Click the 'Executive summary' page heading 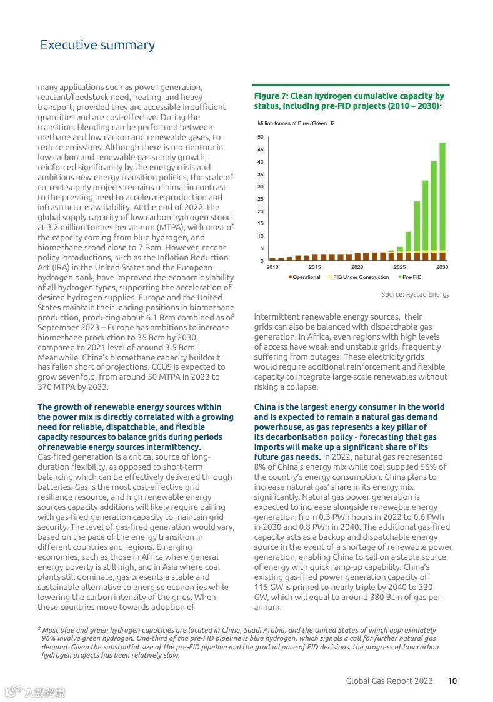(97, 45)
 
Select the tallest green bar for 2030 (442, 197)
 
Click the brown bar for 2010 (272, 258)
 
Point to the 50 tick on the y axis (260, 137)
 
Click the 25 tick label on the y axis (260, 199)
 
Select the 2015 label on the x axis (315, 268)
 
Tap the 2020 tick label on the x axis (357, 268)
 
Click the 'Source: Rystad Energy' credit (415, 294)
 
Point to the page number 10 (452, 681)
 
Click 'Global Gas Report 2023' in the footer (389, 681)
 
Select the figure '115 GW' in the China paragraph (270, 588)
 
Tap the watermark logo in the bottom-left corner (34, 692)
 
